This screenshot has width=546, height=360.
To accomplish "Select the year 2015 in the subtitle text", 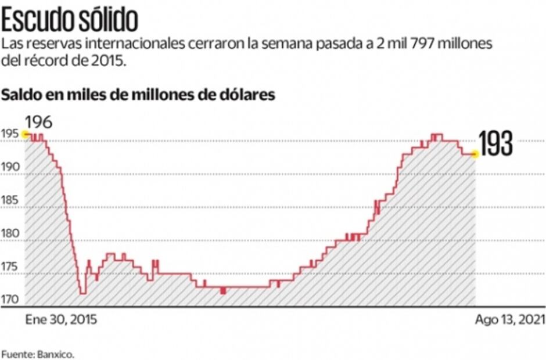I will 109,60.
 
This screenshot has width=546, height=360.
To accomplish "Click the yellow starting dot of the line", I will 25,134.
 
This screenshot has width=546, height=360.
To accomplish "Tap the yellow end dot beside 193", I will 475,154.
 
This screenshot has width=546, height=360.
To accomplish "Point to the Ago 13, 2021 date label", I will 509,320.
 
